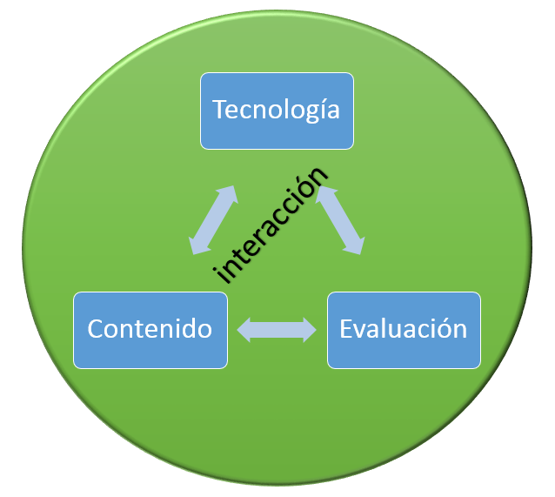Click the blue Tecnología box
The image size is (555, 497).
click(x=277, y=111)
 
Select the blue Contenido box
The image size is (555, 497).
click(x=150, y=329)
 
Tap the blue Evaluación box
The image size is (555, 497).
click(x=403, y=329)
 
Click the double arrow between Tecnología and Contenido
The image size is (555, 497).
click(x=214, y=220)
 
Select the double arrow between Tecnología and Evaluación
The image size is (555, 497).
click(x=340, y=220)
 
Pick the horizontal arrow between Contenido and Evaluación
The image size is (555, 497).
click(x=277, y=329)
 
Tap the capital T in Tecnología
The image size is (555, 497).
click(x=219, y=111)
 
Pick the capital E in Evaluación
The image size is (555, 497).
click(x=346, y=329)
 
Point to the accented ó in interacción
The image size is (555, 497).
click(x=311, y=185)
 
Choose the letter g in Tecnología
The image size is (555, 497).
click(x=306, y=114)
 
